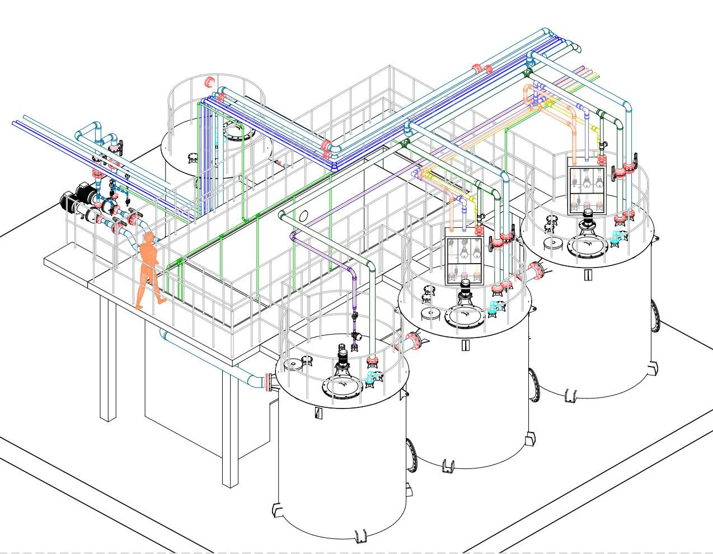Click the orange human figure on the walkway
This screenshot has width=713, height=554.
(x=148, y=272)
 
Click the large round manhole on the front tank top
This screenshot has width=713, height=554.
(x=342, y=386)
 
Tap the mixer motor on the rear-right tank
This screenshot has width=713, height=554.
(x=588, y=216)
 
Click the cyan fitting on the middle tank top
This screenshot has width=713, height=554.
(x=495, y=307)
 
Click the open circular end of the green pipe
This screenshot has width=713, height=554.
(x=304, y=216)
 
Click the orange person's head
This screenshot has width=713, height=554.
(x=149, y=238)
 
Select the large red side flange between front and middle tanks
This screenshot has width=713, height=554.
(x=414, y=340)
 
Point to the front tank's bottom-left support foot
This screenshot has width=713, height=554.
(x=277, y=511)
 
